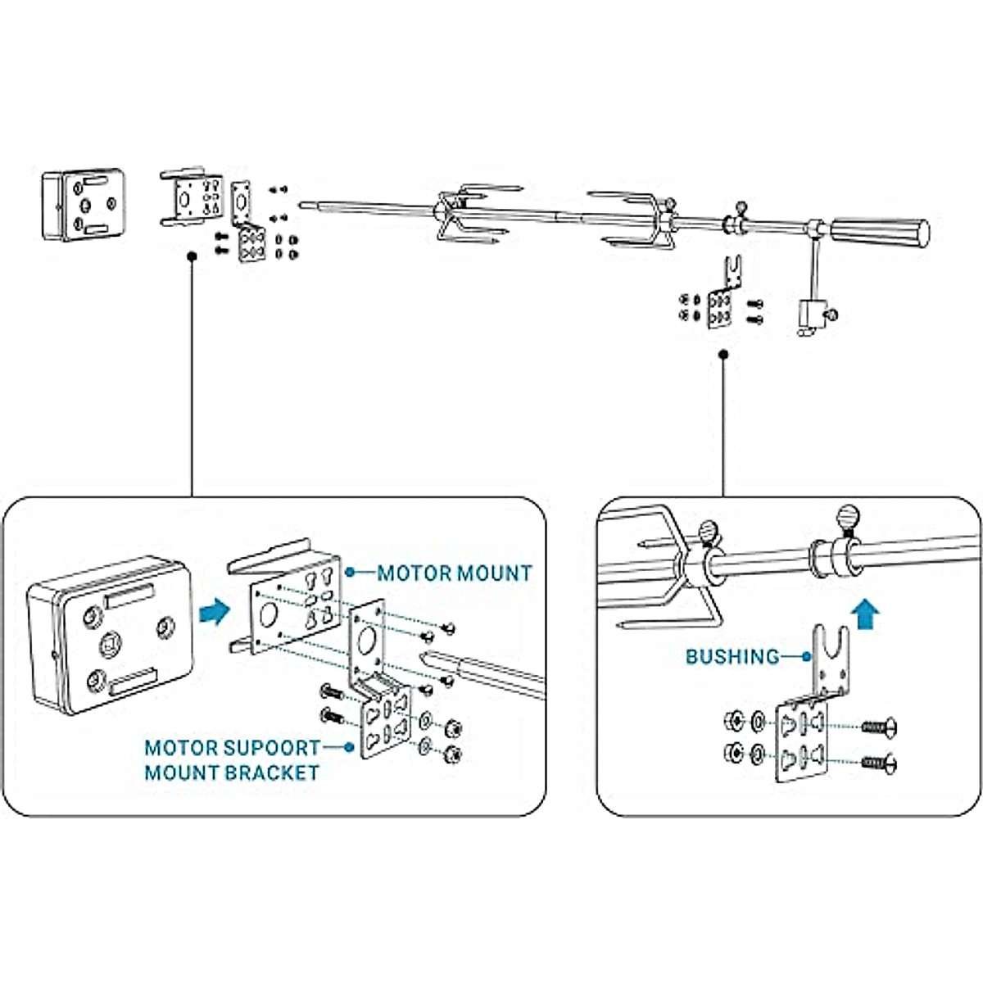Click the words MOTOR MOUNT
[x=454, y=573]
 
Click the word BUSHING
[x=732, y=656]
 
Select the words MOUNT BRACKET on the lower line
[x=231, y=772]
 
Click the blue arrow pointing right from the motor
[x=213, y=611]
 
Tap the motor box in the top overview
[x=84, y=205]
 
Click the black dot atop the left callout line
[x=191, y=256]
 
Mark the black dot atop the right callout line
[x=723, y=355]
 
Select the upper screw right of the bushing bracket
[x=879, y=726]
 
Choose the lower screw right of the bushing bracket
[x=879, y=763]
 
